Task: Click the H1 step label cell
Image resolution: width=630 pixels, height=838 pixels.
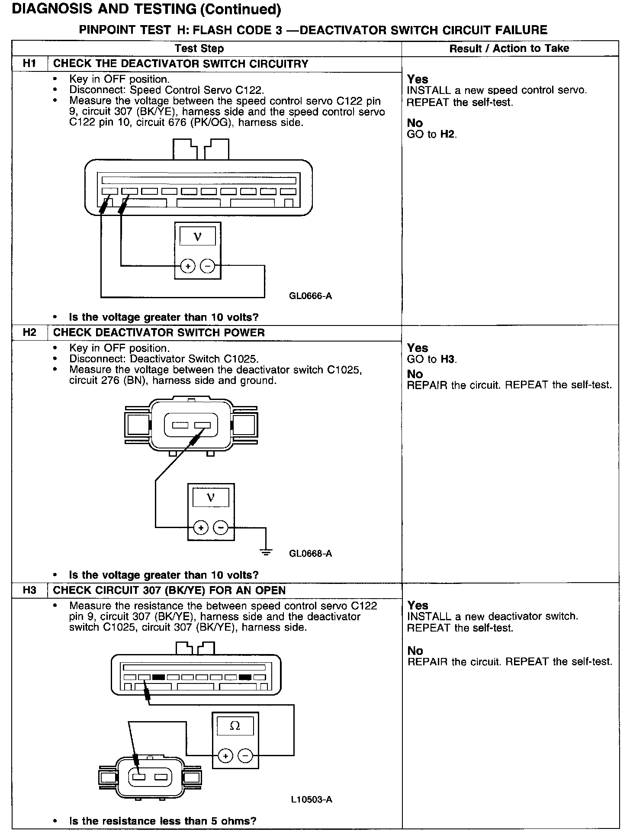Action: point(29,64)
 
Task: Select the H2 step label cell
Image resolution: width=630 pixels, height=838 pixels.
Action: point(29,333)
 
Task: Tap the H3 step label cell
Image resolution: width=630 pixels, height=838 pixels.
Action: point(29,590)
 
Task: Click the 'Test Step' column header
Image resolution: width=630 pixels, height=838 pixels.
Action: point(199,48)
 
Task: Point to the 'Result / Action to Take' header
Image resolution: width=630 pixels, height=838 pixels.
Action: point(509,48)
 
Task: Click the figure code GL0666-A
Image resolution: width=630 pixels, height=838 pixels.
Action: point(310,296)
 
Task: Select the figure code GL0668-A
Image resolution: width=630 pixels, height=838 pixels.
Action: point(310,553)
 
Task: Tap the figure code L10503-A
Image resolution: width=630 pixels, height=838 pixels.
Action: point(312,799)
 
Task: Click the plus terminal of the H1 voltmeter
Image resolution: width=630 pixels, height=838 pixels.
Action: point(188,266)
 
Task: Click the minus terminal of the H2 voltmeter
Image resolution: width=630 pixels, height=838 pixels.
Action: point(221,528)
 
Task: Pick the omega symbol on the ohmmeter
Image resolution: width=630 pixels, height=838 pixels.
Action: point(235,726)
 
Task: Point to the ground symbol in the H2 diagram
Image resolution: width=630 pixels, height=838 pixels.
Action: point(266,552)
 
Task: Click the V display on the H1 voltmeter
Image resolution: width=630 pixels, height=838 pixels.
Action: point(198,237)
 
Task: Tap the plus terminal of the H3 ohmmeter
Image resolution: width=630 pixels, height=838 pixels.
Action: point(225,756)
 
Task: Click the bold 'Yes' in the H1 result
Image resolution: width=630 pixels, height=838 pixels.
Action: point(418,79)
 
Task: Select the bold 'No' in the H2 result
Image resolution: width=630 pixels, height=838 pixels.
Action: point(415,374)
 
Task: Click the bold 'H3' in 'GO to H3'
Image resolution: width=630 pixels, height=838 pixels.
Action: point(448,359)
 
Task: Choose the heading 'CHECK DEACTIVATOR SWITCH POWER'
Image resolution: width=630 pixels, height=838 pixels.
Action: point(159,333)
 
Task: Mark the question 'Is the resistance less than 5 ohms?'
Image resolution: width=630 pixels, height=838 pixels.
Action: point(163,821)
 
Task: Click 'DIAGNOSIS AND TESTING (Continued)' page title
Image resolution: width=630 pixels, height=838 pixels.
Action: point(147,9)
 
